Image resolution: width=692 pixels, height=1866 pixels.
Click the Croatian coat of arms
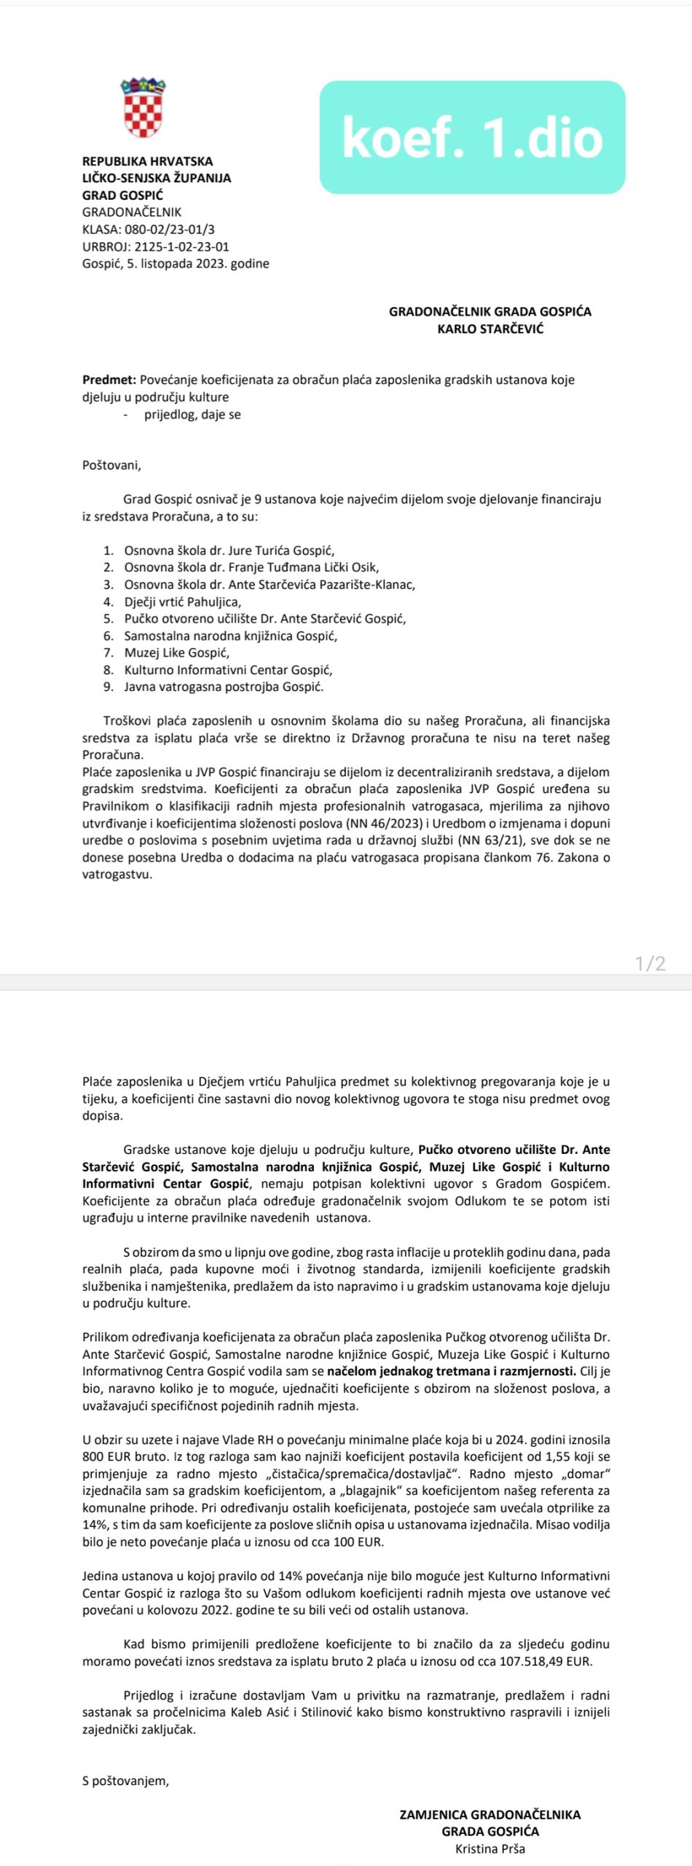pos(143,108)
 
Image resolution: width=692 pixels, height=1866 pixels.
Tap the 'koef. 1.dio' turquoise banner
pos(472,137)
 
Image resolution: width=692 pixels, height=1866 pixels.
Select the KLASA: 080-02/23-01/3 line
pos(149,230)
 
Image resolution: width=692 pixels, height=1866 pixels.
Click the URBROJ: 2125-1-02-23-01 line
pos(156,246)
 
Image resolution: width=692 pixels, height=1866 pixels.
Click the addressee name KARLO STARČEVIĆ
pos(490,329)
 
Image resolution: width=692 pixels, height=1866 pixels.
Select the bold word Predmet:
pos(109,380)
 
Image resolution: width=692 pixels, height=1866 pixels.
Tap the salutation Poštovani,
pos(111,465)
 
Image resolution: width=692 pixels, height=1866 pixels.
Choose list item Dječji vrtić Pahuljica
pos(182,602)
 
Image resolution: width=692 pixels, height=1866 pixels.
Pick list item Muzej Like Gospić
pos(176,653)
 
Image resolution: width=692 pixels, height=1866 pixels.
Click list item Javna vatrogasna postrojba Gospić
pos(224,687)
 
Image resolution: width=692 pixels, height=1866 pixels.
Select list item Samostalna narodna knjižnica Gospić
pos(230,636)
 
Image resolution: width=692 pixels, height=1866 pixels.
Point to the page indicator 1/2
pos(650,964)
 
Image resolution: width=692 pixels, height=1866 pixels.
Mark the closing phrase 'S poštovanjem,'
pos(125,1781)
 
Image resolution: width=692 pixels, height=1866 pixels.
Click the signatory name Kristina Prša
pos(489,1849)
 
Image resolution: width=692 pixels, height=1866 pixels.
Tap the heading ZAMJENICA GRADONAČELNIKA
pos(489,1814)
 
